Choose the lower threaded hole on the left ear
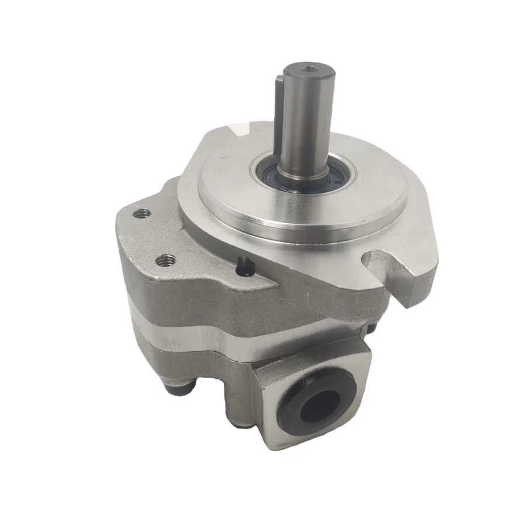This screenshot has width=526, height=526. coord(166,258)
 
